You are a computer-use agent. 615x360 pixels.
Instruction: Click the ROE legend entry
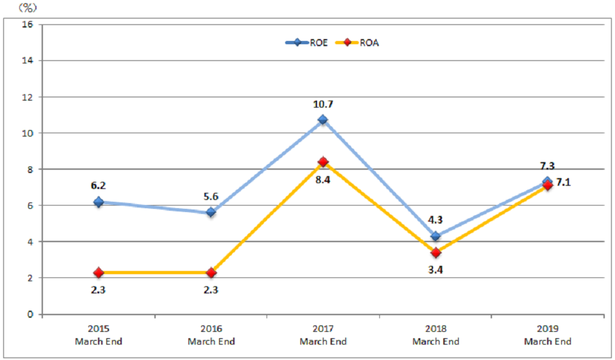click(307, 43)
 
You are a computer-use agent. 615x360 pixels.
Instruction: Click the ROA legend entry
click(363, 43)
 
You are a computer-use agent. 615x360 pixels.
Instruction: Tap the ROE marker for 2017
click(323, 120)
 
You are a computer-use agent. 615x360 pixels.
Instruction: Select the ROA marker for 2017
click(323, 161)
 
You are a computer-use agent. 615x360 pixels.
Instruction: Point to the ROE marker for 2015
click(99, 202)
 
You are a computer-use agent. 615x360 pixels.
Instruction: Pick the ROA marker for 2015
click(99, 272)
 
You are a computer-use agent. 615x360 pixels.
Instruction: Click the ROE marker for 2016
click(211, 212)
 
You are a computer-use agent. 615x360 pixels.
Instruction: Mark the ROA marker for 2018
click(436, 252)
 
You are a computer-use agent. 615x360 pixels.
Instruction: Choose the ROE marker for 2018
click(436, 236)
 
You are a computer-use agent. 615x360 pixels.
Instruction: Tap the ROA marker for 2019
click(547, 186)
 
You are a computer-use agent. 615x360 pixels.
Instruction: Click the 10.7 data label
click(323, 104)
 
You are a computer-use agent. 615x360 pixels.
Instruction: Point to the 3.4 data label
click(436, 270)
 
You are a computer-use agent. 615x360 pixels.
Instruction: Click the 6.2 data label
click(98, 185)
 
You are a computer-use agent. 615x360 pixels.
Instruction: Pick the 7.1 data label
click(563, 182)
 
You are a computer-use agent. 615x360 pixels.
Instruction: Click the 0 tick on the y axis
click(29, 315)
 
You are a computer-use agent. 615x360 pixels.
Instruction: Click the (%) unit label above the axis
click(28, 7)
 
